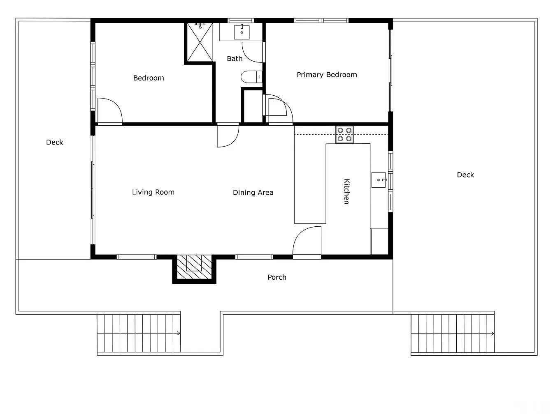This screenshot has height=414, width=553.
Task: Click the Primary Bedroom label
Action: pos(327,75)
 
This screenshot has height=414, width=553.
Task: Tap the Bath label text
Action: pos(235,59)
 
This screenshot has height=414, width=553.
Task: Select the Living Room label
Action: pos(153,192)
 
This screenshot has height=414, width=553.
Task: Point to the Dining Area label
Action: pos(253,193)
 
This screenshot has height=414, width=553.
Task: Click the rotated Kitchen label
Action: pos(347,191)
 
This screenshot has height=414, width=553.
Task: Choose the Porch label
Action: pos(277,277)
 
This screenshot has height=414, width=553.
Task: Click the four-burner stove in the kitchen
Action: pos(344,134)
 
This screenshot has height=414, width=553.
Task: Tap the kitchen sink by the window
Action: pos(379,180)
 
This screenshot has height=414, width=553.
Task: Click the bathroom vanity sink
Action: pos(242,32)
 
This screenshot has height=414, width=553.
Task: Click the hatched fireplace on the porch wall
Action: pos(194,267)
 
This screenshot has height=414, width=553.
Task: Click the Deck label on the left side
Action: pos(54,142)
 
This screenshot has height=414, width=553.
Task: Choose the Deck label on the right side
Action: pos(465,175)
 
